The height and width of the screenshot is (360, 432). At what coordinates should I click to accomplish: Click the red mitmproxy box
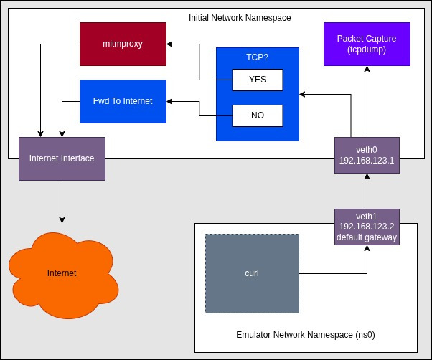122,43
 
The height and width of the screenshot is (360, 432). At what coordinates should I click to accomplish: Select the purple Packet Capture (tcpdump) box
367,43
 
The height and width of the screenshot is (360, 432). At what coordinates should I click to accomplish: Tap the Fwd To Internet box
123,100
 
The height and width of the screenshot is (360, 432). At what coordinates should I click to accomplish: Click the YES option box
257,80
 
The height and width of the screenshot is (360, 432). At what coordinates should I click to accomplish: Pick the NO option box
257,115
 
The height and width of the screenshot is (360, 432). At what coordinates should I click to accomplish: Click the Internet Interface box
62,158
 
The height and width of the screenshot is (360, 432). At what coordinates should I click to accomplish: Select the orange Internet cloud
61,273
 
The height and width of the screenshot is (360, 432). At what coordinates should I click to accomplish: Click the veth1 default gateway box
367,227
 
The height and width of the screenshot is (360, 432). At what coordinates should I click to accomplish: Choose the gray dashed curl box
252,273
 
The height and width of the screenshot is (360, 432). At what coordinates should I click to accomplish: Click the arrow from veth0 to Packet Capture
367,100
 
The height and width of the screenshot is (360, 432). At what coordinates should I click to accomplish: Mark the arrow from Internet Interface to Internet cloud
62,201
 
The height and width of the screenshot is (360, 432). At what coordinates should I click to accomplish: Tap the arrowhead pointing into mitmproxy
169,44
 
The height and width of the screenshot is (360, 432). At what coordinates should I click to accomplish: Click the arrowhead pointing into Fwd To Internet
169,101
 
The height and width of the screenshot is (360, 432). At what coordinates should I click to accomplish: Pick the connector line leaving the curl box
334,273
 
